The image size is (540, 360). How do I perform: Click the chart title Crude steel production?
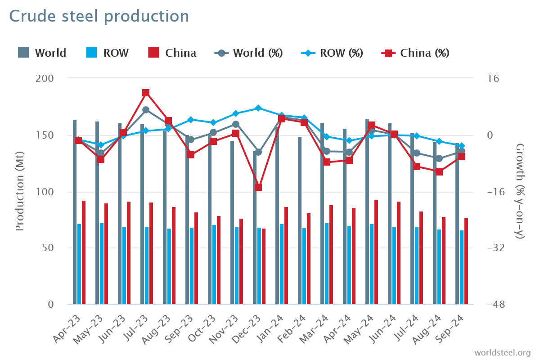click(x=99, y=16)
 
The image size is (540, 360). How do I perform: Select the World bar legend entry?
click(x=42, y=53)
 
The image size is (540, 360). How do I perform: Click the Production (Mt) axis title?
click(x=19, y=192)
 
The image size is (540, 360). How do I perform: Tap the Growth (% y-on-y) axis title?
click(x=520, y=191)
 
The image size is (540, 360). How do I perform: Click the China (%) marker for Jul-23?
click(x=146, y=93)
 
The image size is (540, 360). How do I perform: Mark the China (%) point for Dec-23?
click(x=258, y=187)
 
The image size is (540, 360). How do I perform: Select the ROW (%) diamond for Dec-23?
click(x=258, y=108)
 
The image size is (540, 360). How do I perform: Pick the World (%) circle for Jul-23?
click(x=146, y=110)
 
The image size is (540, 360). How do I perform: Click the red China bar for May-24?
click(x=376, y=252)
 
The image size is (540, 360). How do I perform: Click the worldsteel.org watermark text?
click(x=502, y=352)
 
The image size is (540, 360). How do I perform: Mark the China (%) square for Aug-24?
click(x=439, y=172)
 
